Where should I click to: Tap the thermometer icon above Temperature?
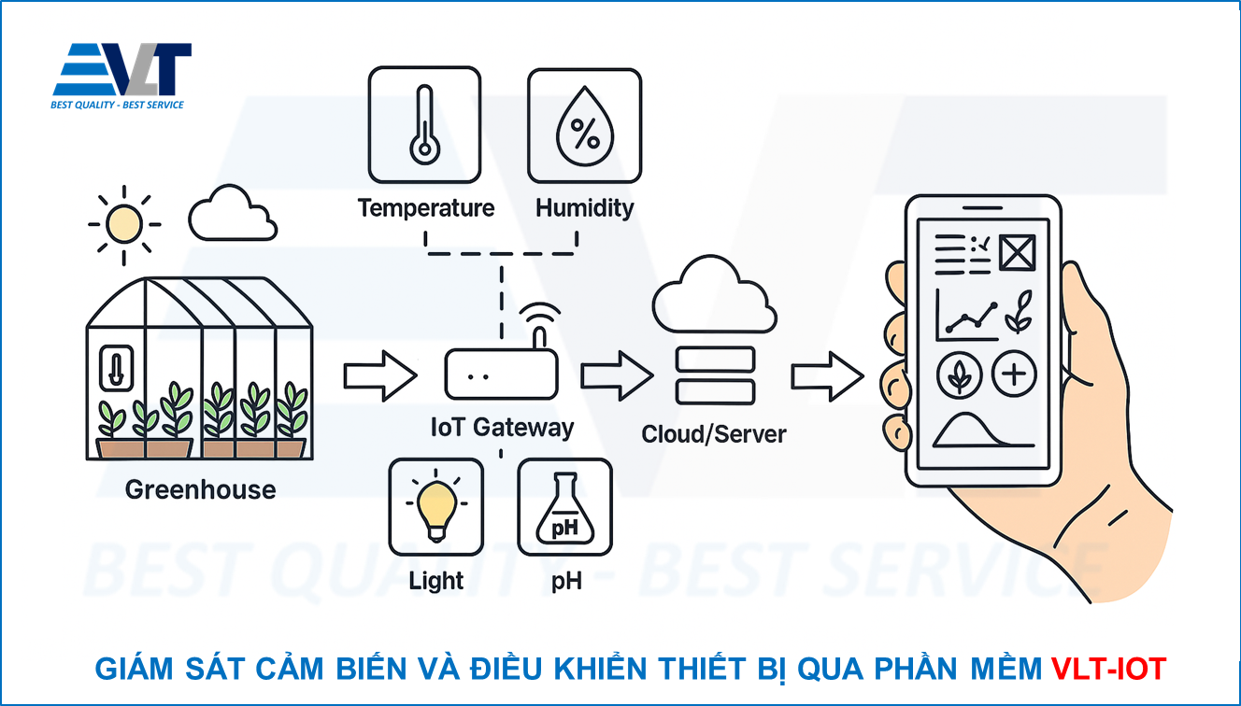click(425, 124)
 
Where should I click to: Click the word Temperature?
click(426, 207)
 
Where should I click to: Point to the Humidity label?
click(585, 207)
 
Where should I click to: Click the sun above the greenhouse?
click(123, 224)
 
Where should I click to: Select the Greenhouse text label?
click(201, 489)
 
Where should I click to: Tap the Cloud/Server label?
click(714, 434)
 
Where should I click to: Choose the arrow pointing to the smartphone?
click(827, 376)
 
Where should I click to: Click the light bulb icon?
click(435, 508)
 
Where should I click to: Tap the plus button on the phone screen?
click(1014, 375)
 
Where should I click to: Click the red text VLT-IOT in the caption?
click(1108, 669)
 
